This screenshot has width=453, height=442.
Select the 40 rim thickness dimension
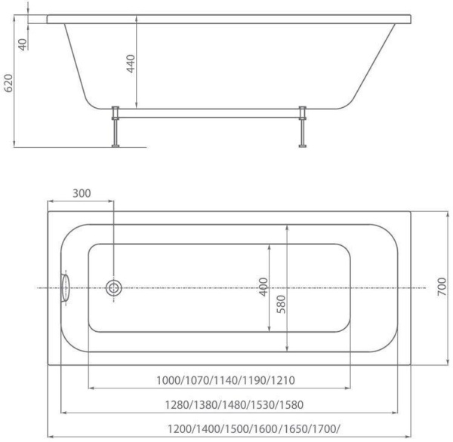pos(23,43)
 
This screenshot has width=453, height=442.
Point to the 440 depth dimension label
pos(130,65)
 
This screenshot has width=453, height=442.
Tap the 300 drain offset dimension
pos(82,193)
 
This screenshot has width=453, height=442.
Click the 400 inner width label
pos(263,287)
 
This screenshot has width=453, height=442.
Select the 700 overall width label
pos(442,287)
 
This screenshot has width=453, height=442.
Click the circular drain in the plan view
pos(114,287)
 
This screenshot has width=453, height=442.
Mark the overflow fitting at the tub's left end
pos(65,287)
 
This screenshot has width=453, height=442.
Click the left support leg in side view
pos(116,127)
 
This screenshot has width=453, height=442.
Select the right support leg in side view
pos(304,127)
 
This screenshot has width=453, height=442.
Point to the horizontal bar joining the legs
pos(209,113)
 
